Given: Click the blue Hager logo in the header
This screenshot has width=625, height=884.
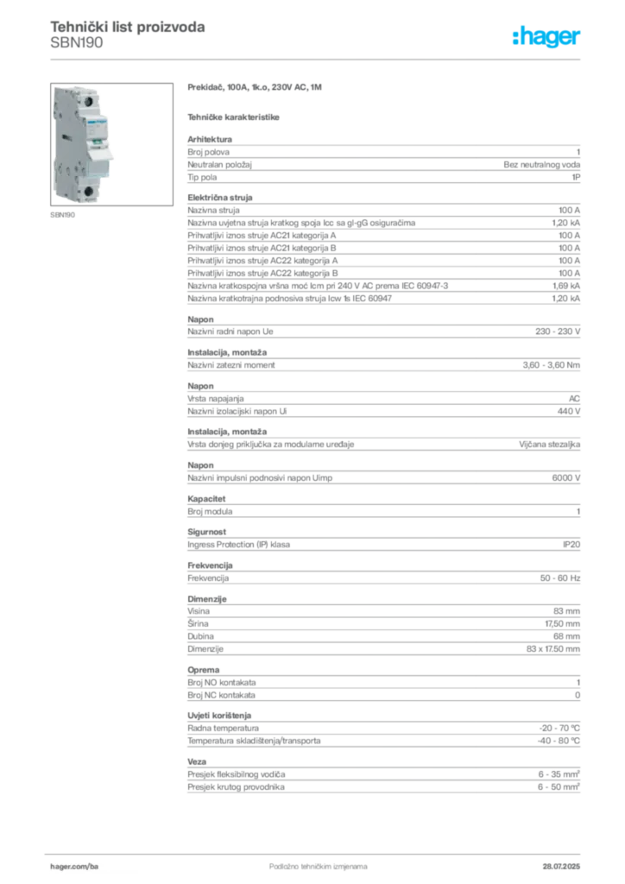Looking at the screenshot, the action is pos(548,37).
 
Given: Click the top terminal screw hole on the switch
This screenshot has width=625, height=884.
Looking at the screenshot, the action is pos(87,102).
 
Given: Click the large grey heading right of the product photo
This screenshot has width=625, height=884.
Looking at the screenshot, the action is pos(256,89).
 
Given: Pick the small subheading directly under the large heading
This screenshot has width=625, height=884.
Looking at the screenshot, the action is pos(235,116).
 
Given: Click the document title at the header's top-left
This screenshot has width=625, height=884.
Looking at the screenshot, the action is pos(128,26).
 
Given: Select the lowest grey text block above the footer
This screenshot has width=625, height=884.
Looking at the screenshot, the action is pos(383,774).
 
